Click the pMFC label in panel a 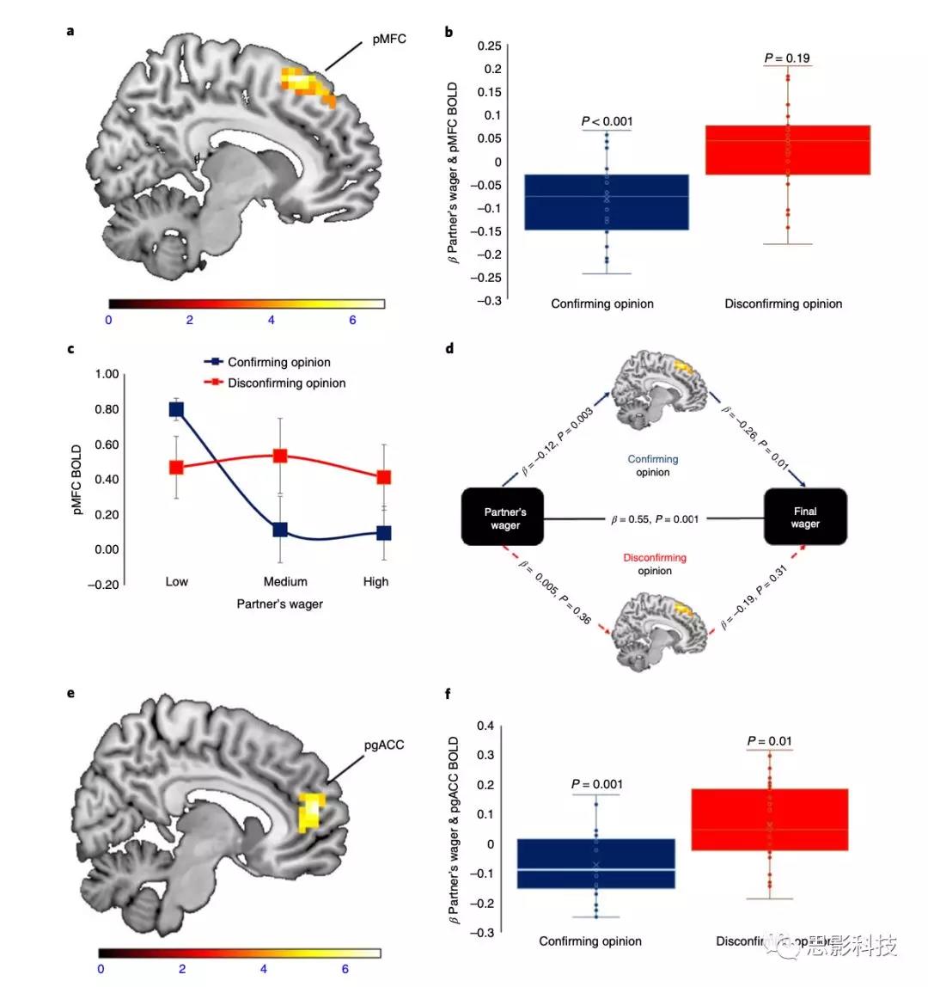tap(389, 39)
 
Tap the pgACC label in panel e tap(384, 745)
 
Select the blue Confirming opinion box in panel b tap(607, 202)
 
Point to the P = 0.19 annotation tap(787, 58)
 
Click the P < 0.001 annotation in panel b tap(607, 121)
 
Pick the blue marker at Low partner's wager tap(176, 409)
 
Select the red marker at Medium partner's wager tap(280, 456)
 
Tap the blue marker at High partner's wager tap(383, 533)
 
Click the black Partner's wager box tap(504, 518)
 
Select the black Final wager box tap(805, 517)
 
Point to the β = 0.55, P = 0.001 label tap(655, 519)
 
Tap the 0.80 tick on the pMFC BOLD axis tap(107, 409)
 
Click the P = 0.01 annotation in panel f tap(769, 741)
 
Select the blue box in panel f tap(595, 863)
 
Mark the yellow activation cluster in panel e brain tap(309, 812)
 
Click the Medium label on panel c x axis tap(285, 582)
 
